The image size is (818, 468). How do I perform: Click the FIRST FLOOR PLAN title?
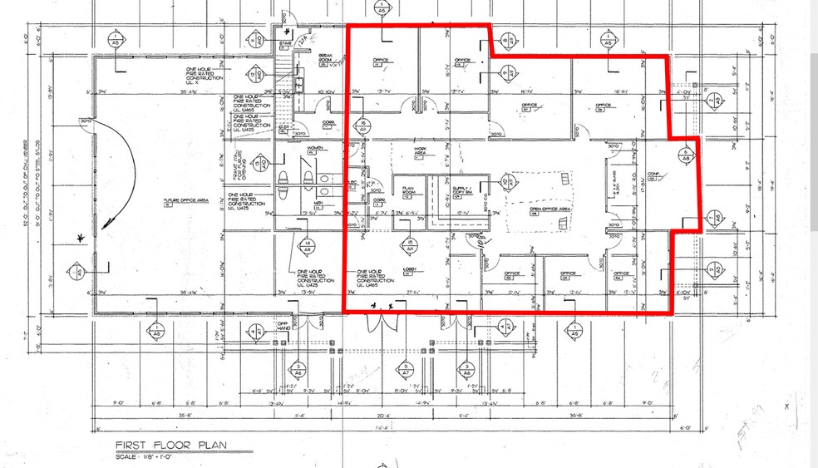(167, 445)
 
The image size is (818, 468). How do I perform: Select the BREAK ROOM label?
(327, 59)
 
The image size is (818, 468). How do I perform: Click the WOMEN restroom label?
(316, 149)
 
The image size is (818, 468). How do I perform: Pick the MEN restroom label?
(318, 203)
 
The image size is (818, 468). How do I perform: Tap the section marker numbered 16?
(363, 126)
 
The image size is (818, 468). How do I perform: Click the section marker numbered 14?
(307, 244)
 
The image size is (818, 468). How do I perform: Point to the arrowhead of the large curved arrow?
(81, 239)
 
